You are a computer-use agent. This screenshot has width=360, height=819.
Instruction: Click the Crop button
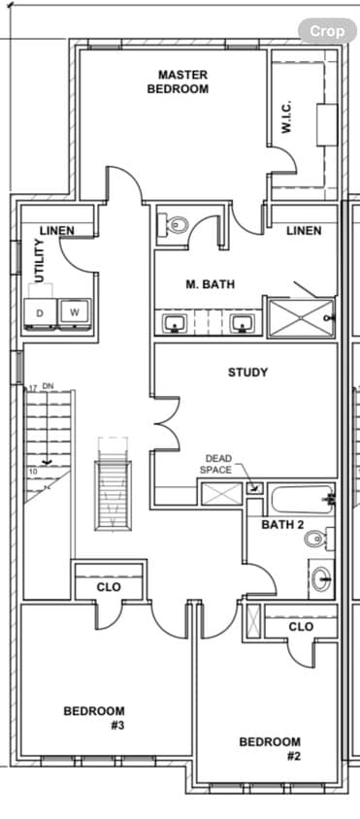click(x=327, y=31)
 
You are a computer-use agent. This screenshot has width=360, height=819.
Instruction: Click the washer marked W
click(x=74, y=312)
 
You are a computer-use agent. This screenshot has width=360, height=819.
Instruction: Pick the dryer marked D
click(x=40, y=312)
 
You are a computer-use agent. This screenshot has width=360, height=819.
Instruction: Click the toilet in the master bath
click(x=178, y=226)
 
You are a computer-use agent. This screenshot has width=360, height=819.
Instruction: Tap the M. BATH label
click(x=211, y=284)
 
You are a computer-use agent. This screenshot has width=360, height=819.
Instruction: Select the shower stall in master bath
click(x=300, y=317)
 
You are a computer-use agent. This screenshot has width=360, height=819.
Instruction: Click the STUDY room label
click(x=247, y=372)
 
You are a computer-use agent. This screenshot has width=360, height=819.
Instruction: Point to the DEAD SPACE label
click(x=216, y=464)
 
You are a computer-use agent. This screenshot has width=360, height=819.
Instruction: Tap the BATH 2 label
click(x=282, y=525)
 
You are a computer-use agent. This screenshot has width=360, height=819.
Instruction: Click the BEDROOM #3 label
click(x=94, y=717)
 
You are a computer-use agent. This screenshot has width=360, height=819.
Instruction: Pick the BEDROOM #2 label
click(x=270, y=748)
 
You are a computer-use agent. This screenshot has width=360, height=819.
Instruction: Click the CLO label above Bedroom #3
click(x=109, y=587)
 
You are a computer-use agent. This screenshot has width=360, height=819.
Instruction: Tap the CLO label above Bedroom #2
click(x=301, y=627)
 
